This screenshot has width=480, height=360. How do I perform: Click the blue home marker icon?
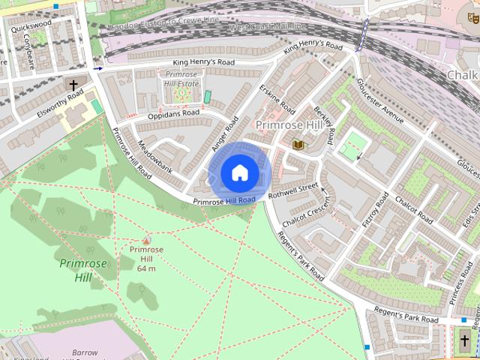[239, 173]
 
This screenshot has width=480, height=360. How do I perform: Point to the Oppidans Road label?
[173, 113]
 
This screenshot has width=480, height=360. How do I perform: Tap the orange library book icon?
[298, 144]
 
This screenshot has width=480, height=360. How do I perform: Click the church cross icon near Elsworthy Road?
[73, 85]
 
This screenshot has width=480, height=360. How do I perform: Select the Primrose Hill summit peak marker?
[146, 239]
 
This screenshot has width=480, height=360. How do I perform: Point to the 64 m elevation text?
[146, 268]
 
